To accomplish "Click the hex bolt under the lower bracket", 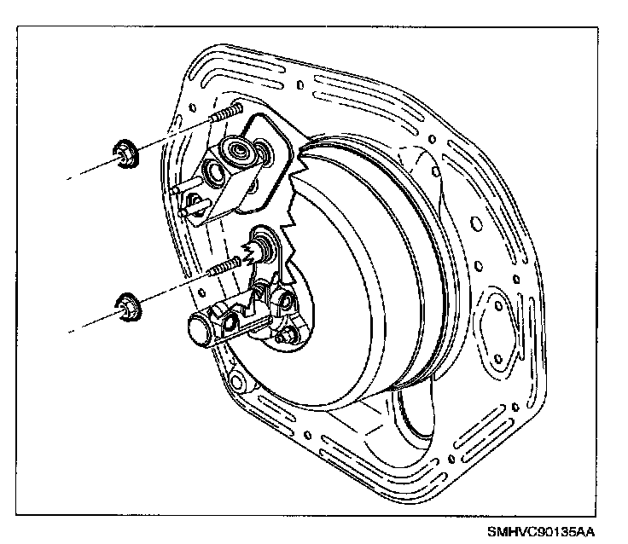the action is [283, 339].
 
